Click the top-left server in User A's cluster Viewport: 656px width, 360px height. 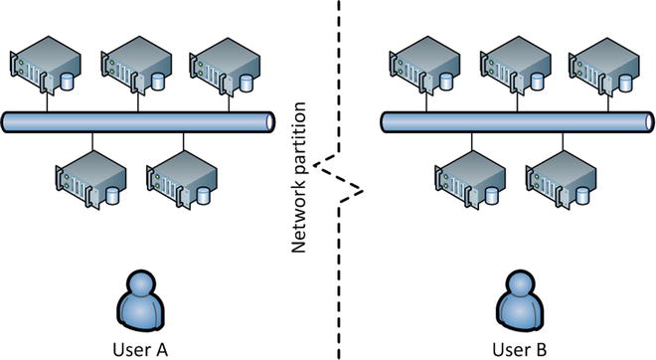43,65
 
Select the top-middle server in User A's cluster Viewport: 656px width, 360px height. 132,65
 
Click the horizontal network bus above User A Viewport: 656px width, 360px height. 138,120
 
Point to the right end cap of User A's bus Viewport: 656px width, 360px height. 267,120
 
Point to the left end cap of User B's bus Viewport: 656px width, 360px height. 388,120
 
